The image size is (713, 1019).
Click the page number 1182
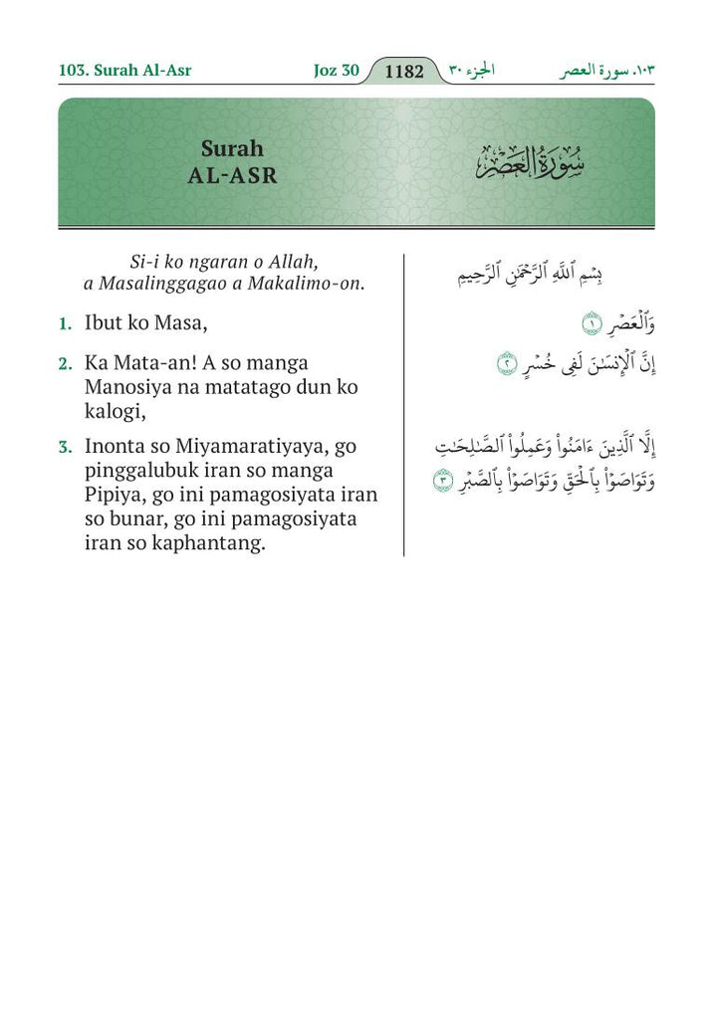click(403, 72)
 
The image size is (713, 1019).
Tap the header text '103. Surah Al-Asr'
click(124, 71)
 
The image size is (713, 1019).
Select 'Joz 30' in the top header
click(335, 71)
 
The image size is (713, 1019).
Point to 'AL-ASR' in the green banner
click(232, 176)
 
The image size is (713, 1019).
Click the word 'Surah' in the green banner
click(232, 149)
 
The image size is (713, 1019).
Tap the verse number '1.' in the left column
click(65, 324)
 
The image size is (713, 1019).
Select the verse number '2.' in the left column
click(65, 363)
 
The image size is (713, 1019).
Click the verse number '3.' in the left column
click(65, 448)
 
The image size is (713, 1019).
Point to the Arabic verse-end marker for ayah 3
click(441, 484)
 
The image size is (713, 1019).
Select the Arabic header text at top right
click(608, 72)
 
